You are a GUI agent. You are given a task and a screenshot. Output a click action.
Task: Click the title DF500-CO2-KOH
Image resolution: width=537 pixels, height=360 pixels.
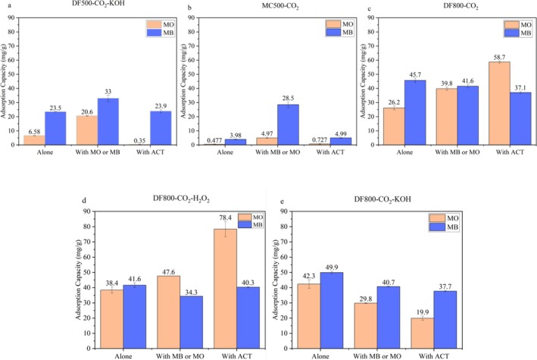point(85,7)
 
